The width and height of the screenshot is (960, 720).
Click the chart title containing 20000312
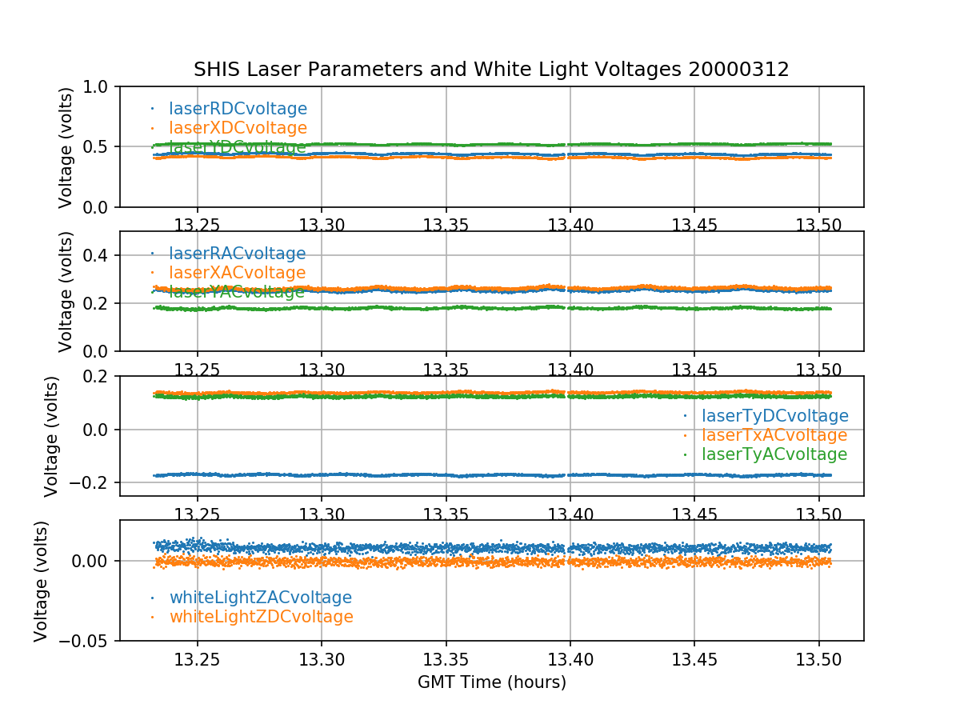tap(491, 70)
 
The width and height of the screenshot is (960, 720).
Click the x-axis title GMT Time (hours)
tap(491, 682)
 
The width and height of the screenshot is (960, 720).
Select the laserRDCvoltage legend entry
tap(238, 109)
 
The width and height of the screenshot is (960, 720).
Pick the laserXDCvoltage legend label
tap(238, 128)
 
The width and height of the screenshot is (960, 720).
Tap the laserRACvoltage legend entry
tap(237, 254)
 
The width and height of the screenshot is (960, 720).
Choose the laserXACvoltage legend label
tap(237, 273)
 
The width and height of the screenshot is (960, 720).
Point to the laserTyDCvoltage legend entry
tap(774, 416)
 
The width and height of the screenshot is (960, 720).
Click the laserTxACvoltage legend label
tap(774, 435)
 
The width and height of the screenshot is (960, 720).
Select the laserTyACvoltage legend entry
tap(774, 454)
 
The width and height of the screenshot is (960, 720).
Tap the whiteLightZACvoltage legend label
tap(260, 598)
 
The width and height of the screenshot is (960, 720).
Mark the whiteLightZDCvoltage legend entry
tap(261, 617)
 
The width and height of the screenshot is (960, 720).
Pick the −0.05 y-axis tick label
tap(86, 641)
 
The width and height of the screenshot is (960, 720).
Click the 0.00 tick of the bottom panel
tap(93, 561)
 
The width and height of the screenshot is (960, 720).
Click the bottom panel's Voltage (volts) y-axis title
tap(42, 581)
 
